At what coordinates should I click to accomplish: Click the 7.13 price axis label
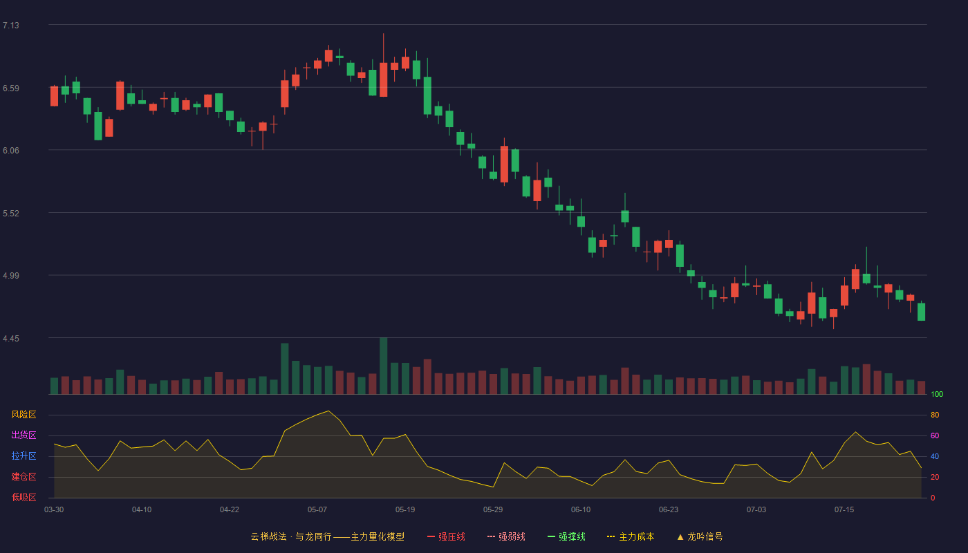11,26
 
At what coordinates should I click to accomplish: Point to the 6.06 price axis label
11,151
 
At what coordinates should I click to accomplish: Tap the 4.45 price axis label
11,338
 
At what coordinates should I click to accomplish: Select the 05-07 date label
317,510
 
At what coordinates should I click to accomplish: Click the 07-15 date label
844,510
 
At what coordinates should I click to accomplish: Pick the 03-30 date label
54,510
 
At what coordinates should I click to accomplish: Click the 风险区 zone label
24,415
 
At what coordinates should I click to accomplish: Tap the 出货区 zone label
24,435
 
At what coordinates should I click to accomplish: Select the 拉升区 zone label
24,456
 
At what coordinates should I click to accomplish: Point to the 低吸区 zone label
24,497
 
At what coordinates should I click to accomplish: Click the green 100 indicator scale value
937,394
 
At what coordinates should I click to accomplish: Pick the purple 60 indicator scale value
935,435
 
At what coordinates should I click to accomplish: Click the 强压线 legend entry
446,536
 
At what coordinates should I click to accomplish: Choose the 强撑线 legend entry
566,536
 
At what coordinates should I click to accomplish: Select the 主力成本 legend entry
631,536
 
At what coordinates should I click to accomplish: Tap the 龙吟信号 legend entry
700,536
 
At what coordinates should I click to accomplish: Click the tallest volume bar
383,366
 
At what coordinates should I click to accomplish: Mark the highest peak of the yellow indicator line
328,411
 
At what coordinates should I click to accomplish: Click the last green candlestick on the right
921,312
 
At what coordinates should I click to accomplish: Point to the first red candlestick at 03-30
54,96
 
